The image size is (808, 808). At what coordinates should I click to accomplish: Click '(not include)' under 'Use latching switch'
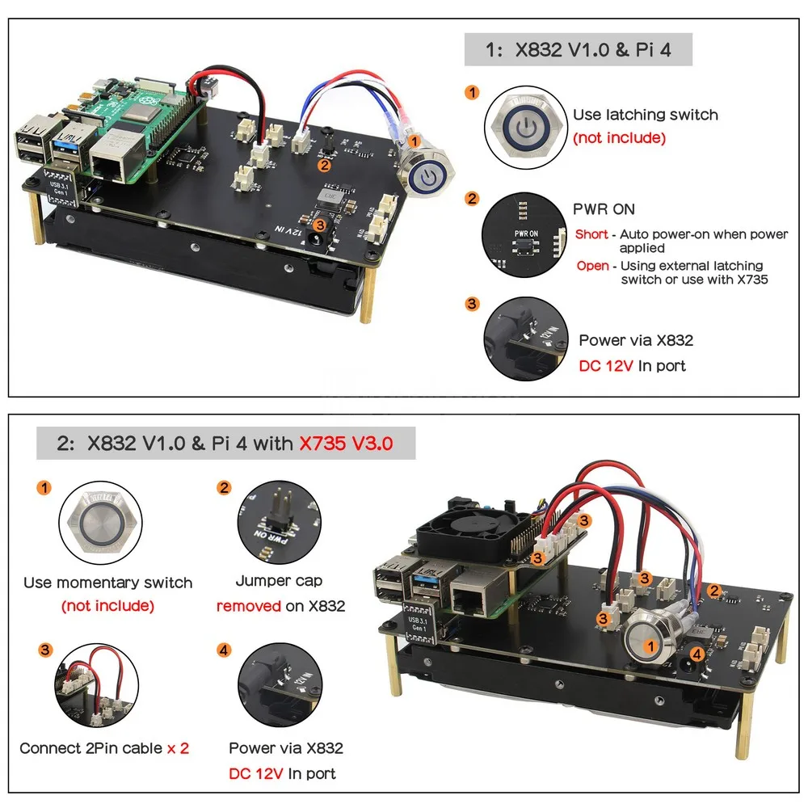[x=620, y=138]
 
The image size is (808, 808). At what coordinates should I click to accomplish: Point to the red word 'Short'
[x=591, y=234]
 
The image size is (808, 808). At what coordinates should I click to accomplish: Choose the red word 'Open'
[x=593, y=266]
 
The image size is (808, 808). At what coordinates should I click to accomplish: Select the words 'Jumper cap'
[x=279, y=581]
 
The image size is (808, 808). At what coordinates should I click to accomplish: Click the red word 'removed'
[x=249, y=606]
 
